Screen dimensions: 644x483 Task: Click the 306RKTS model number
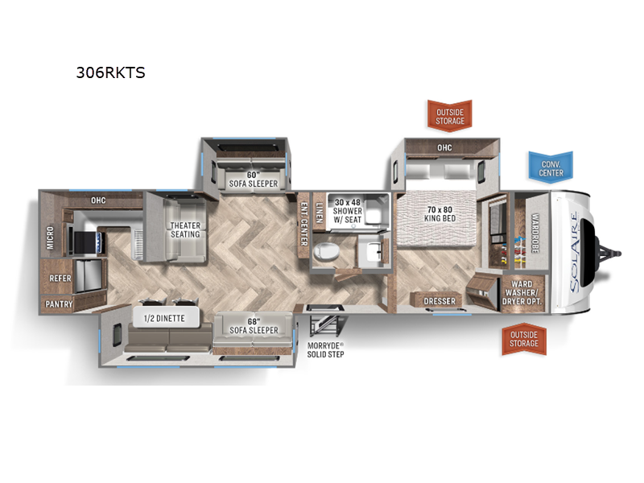click(110, 72)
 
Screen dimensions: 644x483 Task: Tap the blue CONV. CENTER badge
click(551, 166)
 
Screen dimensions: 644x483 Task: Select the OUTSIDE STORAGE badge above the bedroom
click(450, 116)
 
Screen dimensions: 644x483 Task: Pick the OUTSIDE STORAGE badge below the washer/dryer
click(524, 339)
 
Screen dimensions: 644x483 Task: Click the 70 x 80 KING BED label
click(440, 214)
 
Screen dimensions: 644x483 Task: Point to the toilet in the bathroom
click(327, 251)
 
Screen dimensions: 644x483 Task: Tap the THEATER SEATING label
click(185, 229)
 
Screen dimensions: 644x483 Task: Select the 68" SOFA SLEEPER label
click(254, 326)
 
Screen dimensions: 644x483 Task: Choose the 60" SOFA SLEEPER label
click(253, 180)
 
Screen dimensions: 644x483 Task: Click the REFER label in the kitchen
click(60, 278)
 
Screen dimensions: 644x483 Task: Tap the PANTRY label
click(59, 304)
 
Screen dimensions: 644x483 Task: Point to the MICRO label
click(50, 237)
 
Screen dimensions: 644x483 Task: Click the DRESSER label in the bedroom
click(440, 301)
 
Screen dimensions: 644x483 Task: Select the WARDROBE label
click(535, 233)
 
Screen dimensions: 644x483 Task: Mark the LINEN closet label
click(319, 213)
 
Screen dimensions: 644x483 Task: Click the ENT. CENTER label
click(304, 224)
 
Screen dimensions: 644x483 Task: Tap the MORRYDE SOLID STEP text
click(326, 350)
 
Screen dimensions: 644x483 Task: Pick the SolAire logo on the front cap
click(575, 251)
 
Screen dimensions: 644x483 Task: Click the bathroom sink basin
click(374, 251)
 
